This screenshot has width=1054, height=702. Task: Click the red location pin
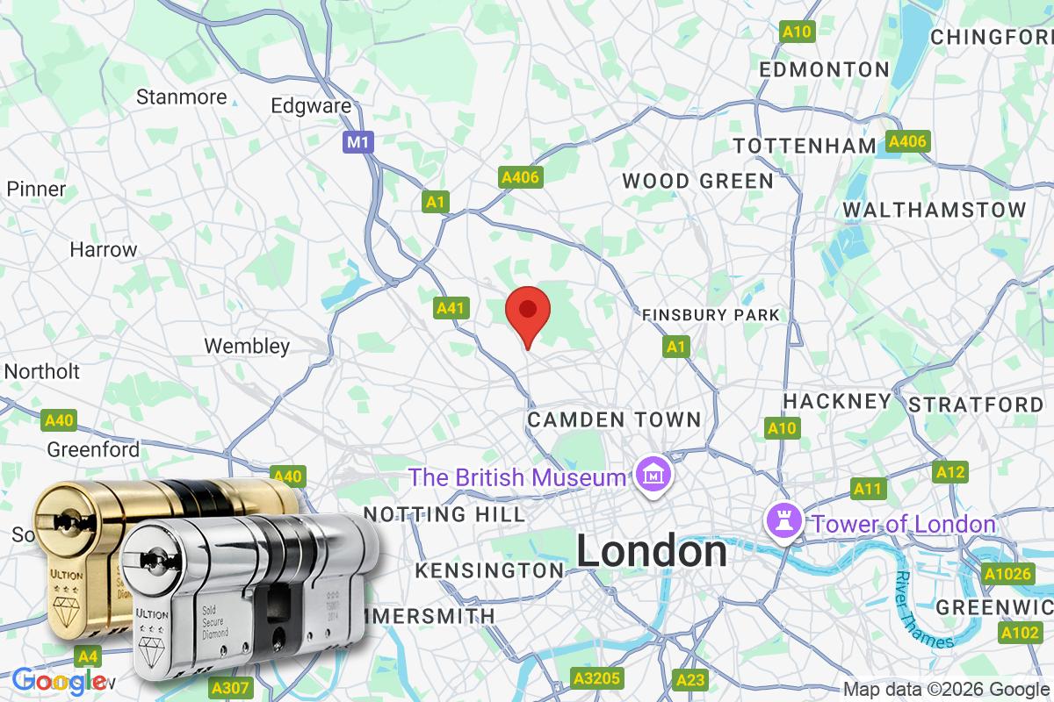[528, 313]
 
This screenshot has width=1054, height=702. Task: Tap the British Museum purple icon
[653, 476]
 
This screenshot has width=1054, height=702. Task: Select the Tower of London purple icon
[781, 521]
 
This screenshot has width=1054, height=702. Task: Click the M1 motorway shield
[356, 141]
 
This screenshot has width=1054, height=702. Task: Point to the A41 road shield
[450, 308]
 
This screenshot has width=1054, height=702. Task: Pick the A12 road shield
[949, 472]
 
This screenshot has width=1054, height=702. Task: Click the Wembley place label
[247, 346]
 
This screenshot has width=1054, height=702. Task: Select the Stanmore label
[182, 97]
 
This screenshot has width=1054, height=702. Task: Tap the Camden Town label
[614, 420]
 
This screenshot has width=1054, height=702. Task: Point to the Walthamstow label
[935, 210]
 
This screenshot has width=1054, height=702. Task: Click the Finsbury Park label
[711, 315]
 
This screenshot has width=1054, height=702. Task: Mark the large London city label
[651, 552]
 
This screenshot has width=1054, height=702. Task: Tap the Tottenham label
[805, 146]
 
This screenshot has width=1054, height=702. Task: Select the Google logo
[58, 680]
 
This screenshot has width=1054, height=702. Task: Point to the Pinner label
[36, 189]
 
